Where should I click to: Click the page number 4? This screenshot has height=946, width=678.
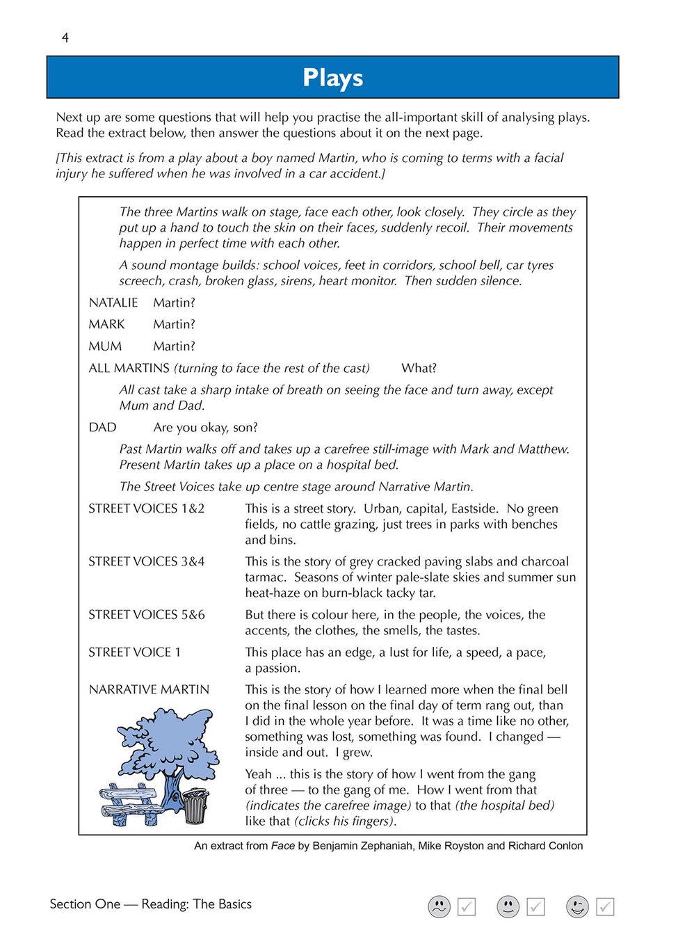65,38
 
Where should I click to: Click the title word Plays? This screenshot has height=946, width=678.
332,77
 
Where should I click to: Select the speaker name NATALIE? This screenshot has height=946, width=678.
113,303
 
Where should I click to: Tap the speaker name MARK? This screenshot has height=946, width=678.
106,324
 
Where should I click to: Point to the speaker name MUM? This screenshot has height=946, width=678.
105,346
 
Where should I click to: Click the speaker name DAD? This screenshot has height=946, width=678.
102,427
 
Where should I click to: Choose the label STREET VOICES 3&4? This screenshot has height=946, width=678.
146,561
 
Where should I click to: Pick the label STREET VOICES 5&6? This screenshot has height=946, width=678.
146,614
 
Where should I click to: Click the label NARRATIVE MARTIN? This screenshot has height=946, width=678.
149,689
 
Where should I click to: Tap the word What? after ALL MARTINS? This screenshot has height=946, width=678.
419,368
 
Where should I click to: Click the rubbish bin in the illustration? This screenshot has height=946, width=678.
195,806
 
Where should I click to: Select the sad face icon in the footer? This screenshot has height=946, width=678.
439,906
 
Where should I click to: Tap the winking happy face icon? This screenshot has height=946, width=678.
577,906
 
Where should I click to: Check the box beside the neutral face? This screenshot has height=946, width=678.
535,906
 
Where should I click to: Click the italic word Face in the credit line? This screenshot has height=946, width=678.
283,846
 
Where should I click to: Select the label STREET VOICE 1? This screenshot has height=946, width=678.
134,652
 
